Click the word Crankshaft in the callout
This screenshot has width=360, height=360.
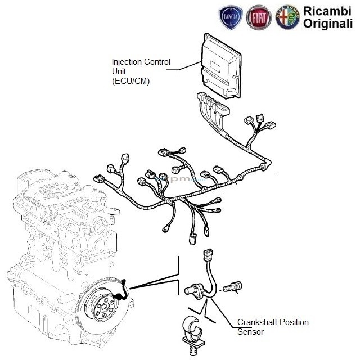click(258, 322)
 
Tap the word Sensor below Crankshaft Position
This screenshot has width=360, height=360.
click(250, 332)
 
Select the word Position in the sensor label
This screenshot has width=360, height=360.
click(294, 322)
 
